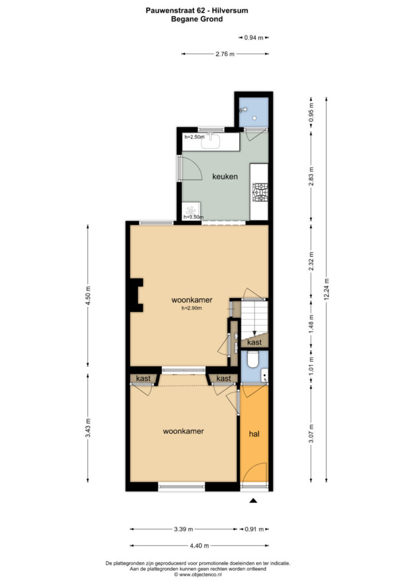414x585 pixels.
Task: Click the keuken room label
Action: pos(225,177)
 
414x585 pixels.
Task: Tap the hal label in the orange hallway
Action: pos(254,434)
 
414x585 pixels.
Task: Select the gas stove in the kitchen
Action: pos(260,192)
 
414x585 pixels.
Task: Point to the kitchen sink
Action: pos(211,141)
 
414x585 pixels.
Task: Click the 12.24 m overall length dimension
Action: pos(327,290)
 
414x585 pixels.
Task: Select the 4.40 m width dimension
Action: pos(200,546)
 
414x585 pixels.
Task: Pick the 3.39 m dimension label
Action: pos(184,529)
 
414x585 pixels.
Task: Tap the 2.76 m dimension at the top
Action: pos(225,54)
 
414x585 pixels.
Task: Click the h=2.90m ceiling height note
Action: pos(192,308)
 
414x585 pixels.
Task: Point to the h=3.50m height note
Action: pos(193,217)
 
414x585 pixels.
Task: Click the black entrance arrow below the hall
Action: pos(253,500)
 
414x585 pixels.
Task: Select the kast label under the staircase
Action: pos(254,342)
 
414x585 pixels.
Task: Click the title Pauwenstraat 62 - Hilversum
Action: pos(197,11)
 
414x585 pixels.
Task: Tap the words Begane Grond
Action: pos(197,19)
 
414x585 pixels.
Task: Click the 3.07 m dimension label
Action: pos(311,434)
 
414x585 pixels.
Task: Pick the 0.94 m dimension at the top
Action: pos(254,38)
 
